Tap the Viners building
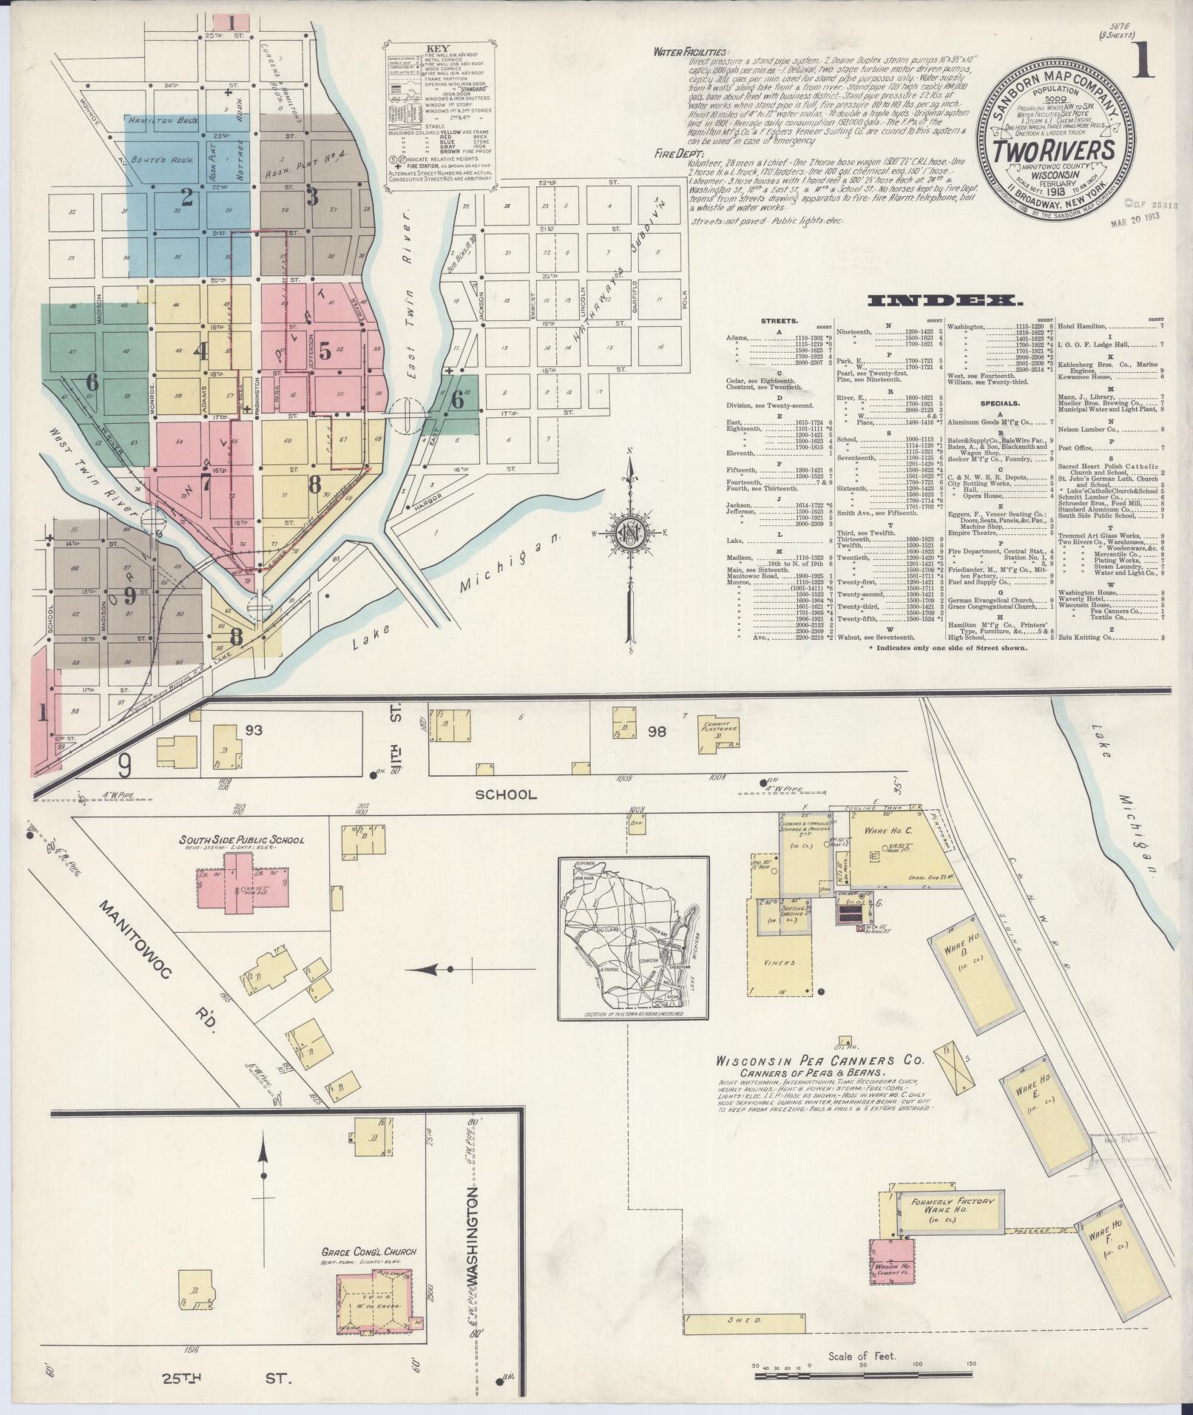click(x=778, y=961)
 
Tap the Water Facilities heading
click(x=690, y=52)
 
